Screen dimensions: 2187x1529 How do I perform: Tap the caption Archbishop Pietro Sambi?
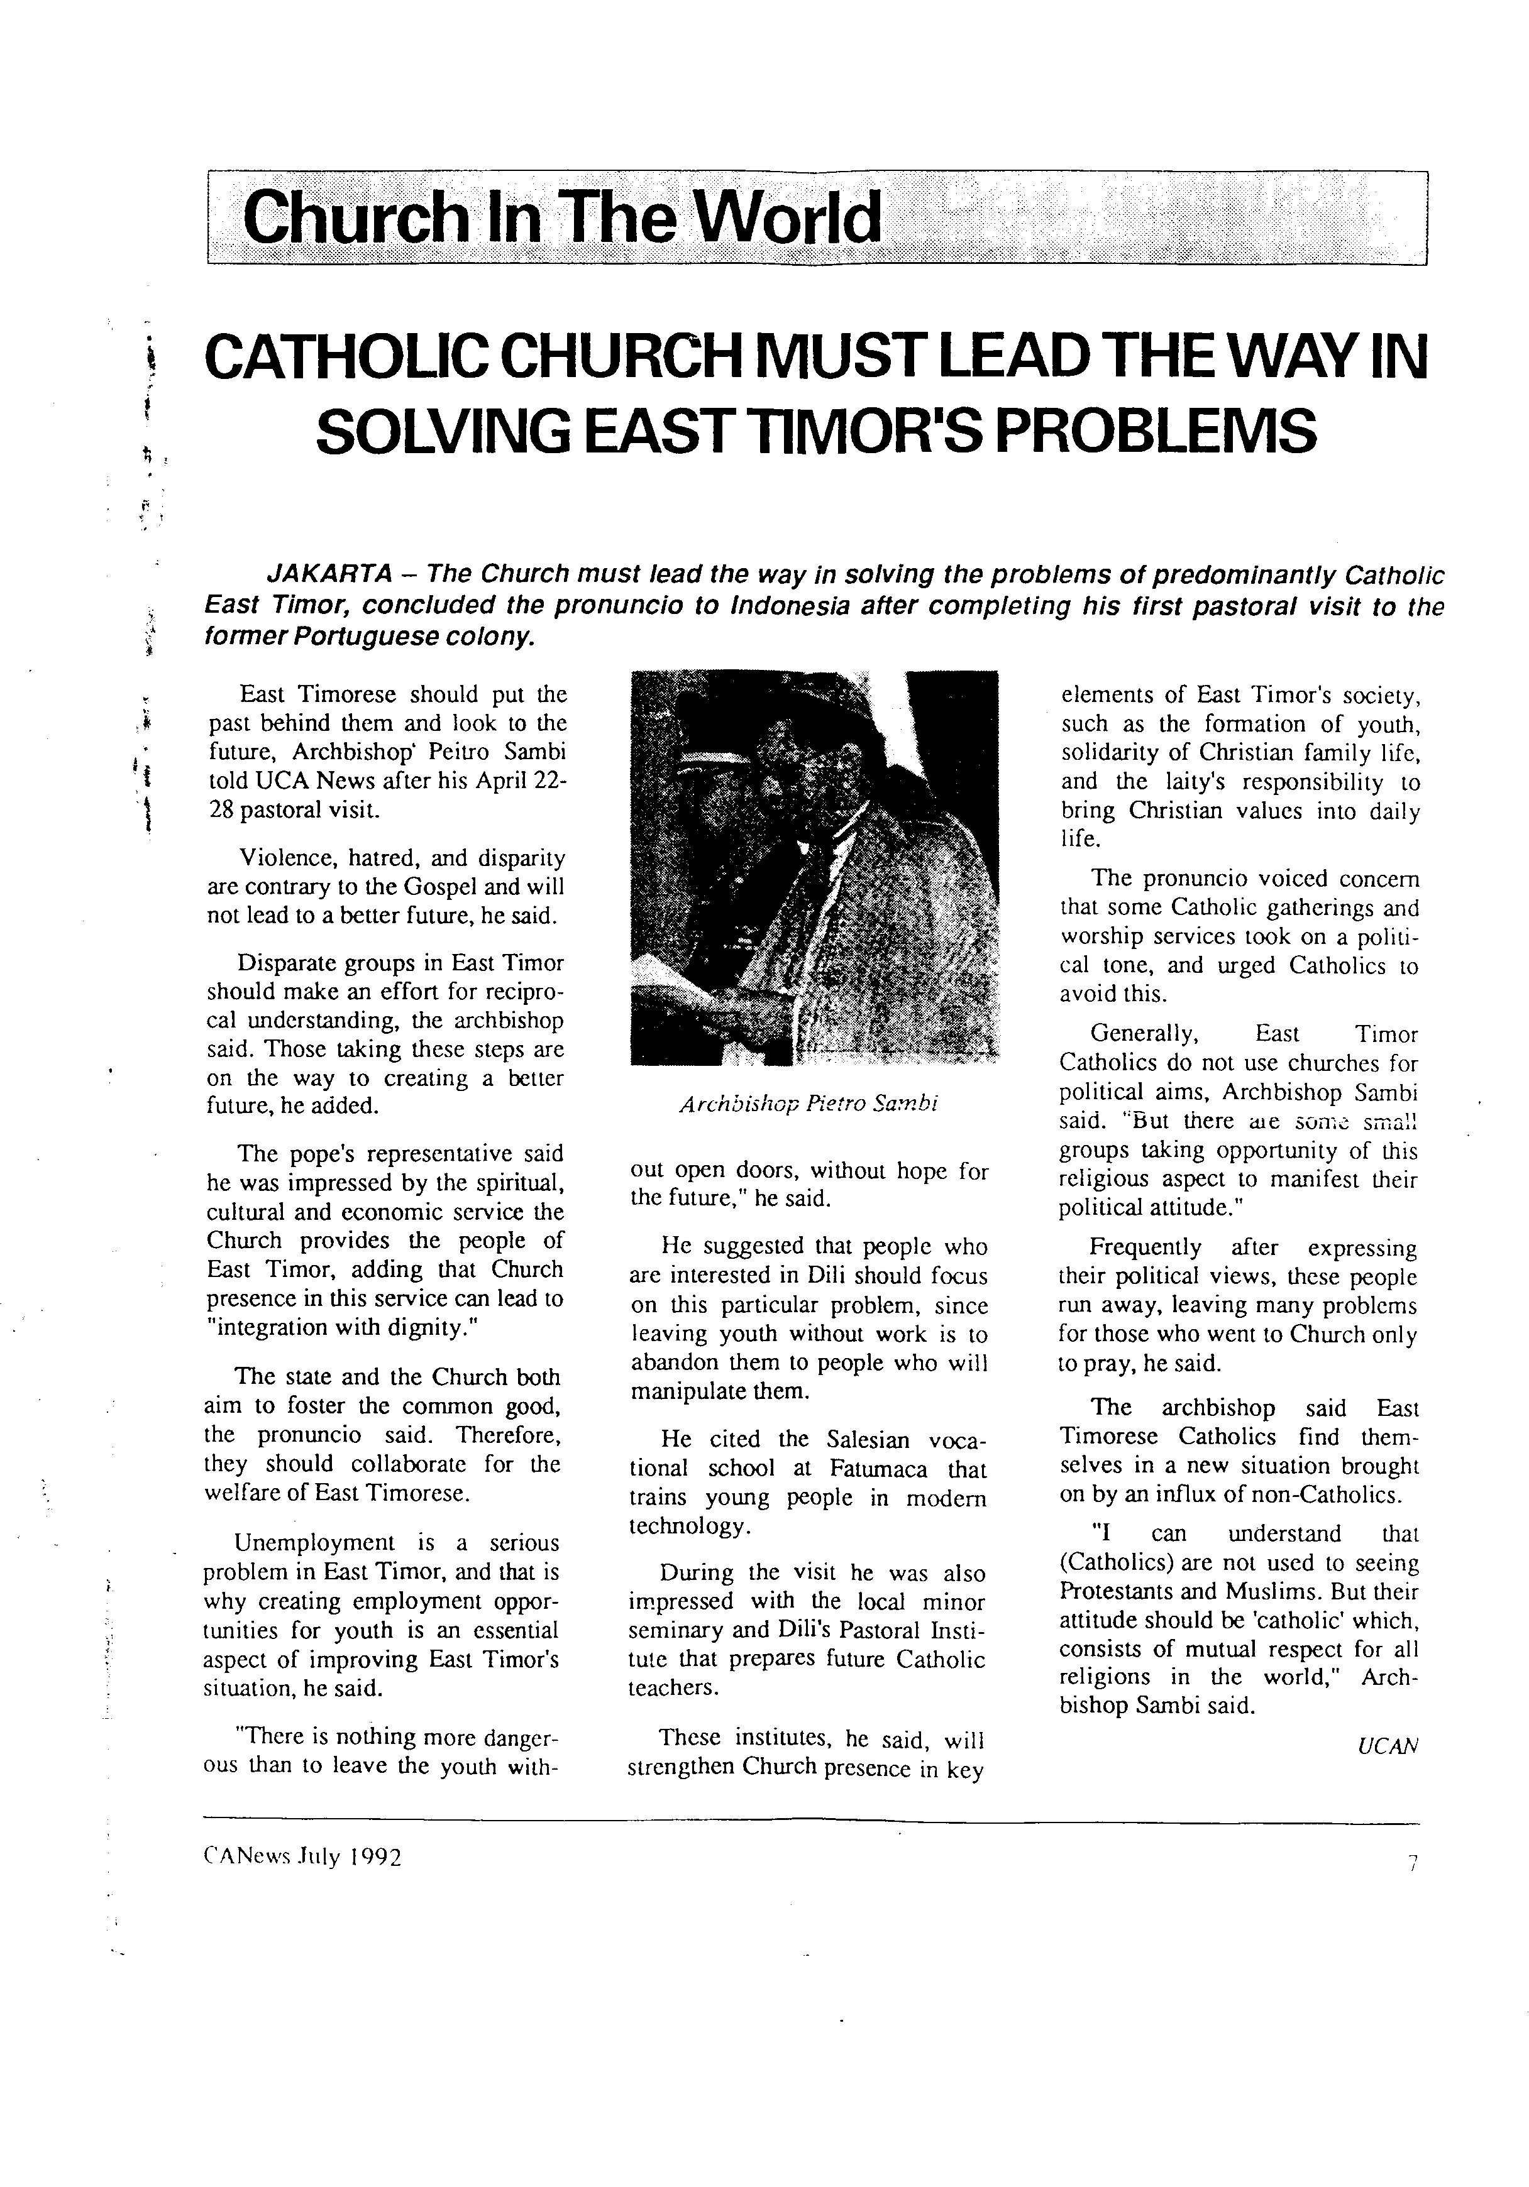809,1105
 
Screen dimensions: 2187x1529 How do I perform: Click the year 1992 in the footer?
375,1883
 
